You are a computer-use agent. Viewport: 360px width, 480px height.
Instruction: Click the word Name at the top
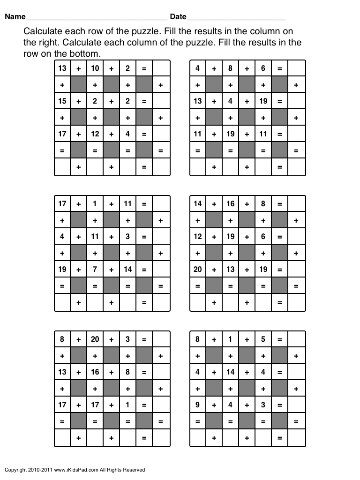coord(15,17)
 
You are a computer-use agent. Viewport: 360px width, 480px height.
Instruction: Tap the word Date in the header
coord(178,17)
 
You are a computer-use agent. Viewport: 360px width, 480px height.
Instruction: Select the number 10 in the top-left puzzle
coord(95,68)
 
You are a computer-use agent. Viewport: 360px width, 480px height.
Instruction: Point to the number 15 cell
coord(62,101)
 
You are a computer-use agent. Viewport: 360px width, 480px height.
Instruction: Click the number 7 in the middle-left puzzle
coord(95,270)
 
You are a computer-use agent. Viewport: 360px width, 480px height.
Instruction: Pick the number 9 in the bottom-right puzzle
coord(197,405)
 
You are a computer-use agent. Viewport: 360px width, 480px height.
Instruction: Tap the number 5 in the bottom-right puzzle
coord(263,339)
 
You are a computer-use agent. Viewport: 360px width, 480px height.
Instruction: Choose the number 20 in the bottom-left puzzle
coord(95,339)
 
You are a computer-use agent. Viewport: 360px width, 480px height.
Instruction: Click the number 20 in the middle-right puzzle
coord(197,270)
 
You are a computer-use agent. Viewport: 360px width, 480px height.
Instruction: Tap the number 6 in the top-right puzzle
coord(263,68)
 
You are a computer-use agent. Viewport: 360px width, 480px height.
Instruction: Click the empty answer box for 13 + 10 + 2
coord(161,68)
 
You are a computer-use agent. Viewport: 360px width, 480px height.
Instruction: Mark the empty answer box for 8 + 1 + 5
coord(296,339)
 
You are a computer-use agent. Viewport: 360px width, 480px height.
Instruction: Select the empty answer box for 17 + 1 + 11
coord(161,204)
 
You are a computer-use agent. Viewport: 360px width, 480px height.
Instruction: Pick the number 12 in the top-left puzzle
coord(95,134)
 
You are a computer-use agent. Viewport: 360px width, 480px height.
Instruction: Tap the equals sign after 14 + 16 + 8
coord(279,204)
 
